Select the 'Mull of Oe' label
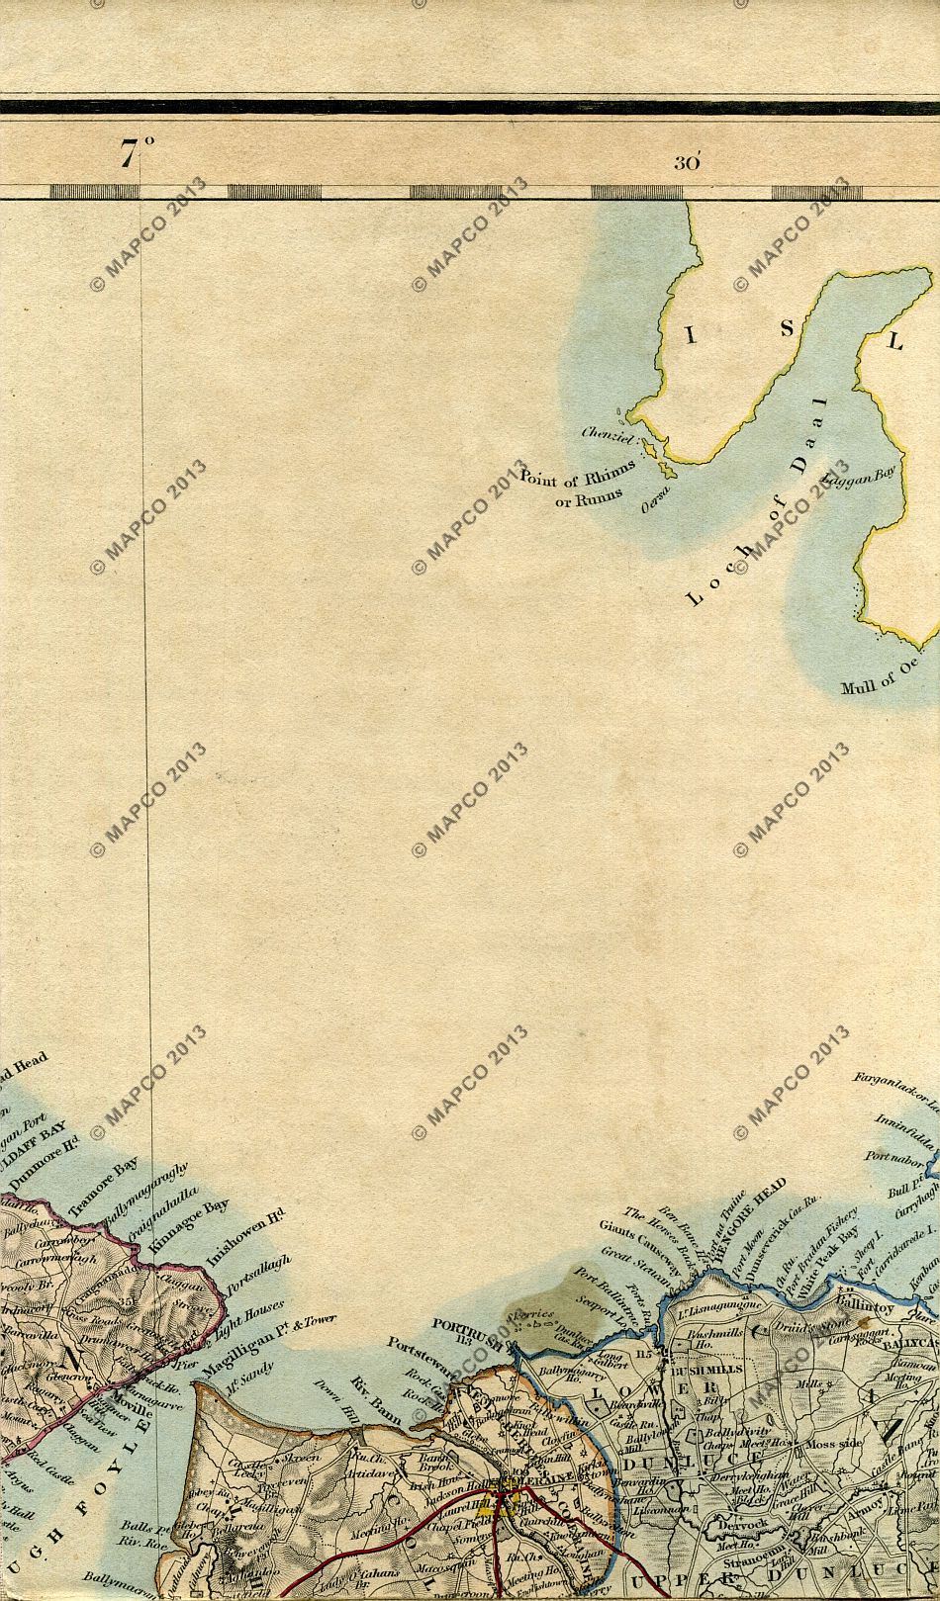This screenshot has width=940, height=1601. [x=877, y=687]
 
